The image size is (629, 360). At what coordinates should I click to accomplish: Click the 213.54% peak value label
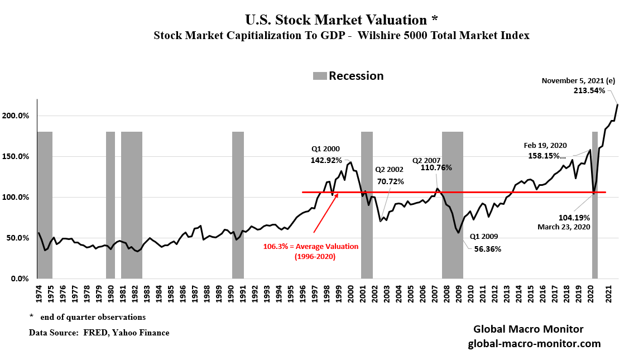click(589, 91)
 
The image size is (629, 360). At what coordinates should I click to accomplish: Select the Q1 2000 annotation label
click(326, 149)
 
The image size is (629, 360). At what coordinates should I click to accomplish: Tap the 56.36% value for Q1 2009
click(487, 249)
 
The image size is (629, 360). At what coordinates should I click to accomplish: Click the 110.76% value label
click(437, 167)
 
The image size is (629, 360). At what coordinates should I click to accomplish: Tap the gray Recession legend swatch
click(319, 76)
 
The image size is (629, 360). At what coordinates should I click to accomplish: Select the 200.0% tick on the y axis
click(19, 116)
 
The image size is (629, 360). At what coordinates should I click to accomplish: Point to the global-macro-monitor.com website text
click(534, 344)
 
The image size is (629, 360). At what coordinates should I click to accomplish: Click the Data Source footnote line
click(99, 333)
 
